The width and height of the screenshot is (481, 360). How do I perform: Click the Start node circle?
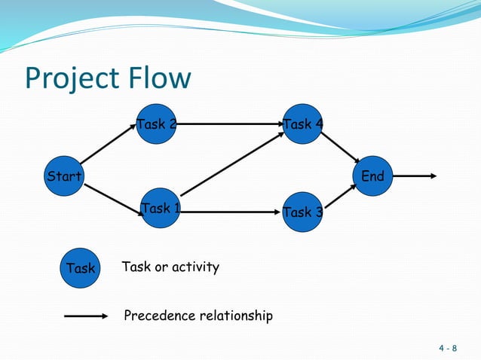click(63, 177)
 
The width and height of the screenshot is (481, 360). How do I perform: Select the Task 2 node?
click(156, 124)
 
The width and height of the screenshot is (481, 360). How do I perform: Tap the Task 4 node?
click(302, 124)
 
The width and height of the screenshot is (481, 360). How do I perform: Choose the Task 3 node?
click(302, 212)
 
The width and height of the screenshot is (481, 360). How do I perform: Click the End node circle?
click(372, 177)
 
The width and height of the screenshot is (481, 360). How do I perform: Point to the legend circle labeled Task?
click(80, 267)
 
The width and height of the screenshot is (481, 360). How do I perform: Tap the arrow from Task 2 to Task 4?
click(229, 124)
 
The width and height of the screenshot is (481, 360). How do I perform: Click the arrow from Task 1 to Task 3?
click(230, 212)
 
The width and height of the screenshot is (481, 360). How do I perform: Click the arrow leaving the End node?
click(415, 176)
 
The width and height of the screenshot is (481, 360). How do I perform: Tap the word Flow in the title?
click(161, 78)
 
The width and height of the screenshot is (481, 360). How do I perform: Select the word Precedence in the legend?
click(157, 316)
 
